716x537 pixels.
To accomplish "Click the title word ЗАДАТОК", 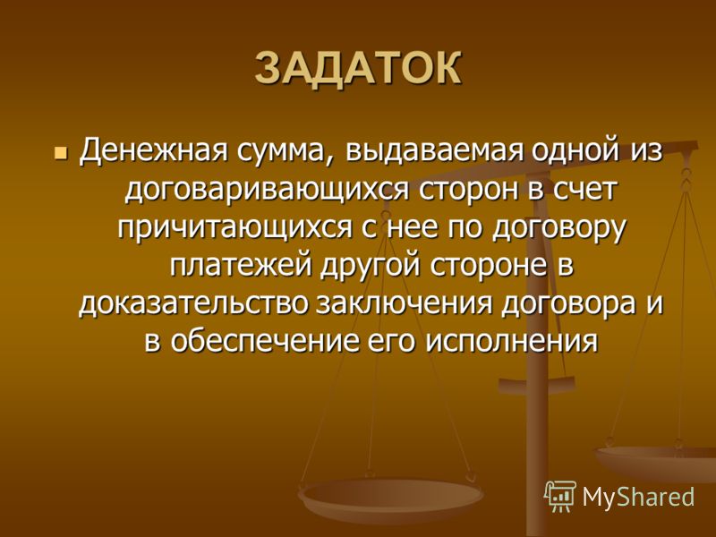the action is tap(358, 69).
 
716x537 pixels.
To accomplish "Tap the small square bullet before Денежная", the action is tap(59, 151).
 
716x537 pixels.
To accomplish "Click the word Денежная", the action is tap(153, 150).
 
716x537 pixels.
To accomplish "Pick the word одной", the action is tap(575, 150).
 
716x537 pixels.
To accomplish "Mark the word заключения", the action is tap(405, 304).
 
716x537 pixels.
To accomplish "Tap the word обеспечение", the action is tap(264, 341).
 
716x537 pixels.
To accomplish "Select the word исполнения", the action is tap(512, 343).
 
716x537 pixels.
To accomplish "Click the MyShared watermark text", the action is tap(638, 497).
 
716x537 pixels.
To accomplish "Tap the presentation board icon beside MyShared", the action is tap(560, 496).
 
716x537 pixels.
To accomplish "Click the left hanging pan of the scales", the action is tap(390, 496).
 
